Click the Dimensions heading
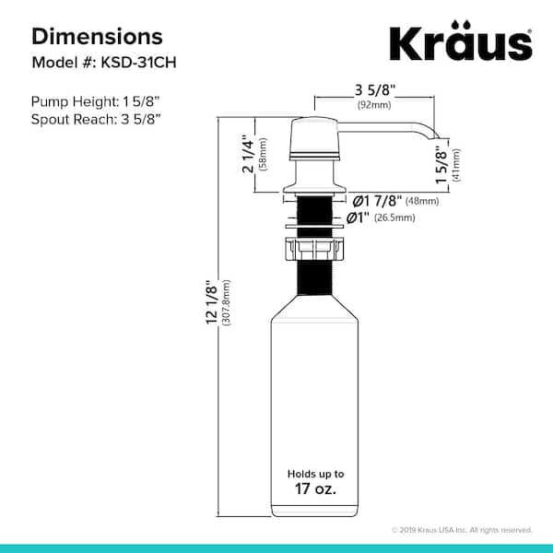98,36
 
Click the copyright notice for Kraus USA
462,530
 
